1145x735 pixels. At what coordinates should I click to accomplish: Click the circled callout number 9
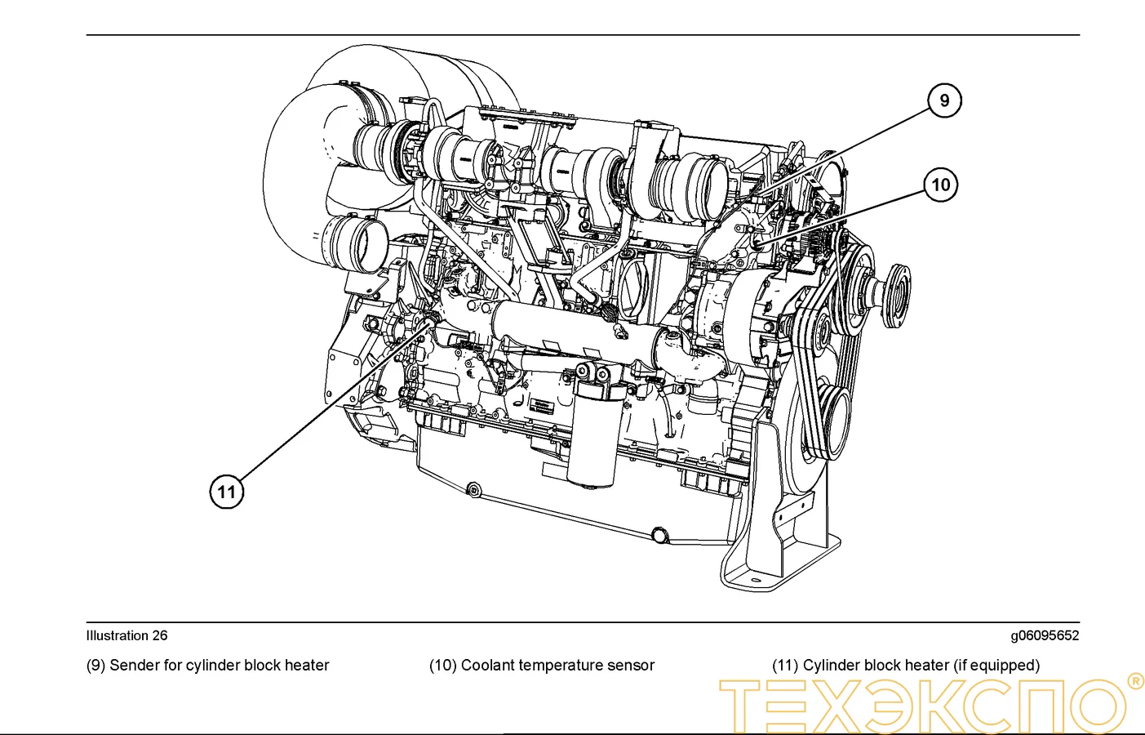[x=944, y=100]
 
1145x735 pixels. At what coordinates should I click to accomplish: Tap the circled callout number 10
[x=940, y=185]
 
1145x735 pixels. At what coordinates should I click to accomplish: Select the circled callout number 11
[x=227, y=492]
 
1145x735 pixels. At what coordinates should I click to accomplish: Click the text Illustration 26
[x=126, y=635]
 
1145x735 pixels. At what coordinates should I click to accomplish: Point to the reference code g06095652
[x=1044, y=635]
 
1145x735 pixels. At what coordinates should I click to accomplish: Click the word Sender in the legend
[x=135, y=666]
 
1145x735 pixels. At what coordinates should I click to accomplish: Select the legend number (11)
[x=785, y=666]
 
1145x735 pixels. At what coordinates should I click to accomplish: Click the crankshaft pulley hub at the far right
[x=896, y=294]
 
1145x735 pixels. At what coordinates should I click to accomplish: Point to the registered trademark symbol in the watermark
[x=1135, y=680]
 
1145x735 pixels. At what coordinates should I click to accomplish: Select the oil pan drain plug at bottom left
[x=473, y=490]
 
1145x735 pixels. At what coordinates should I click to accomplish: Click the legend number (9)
[x=95, y=666]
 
